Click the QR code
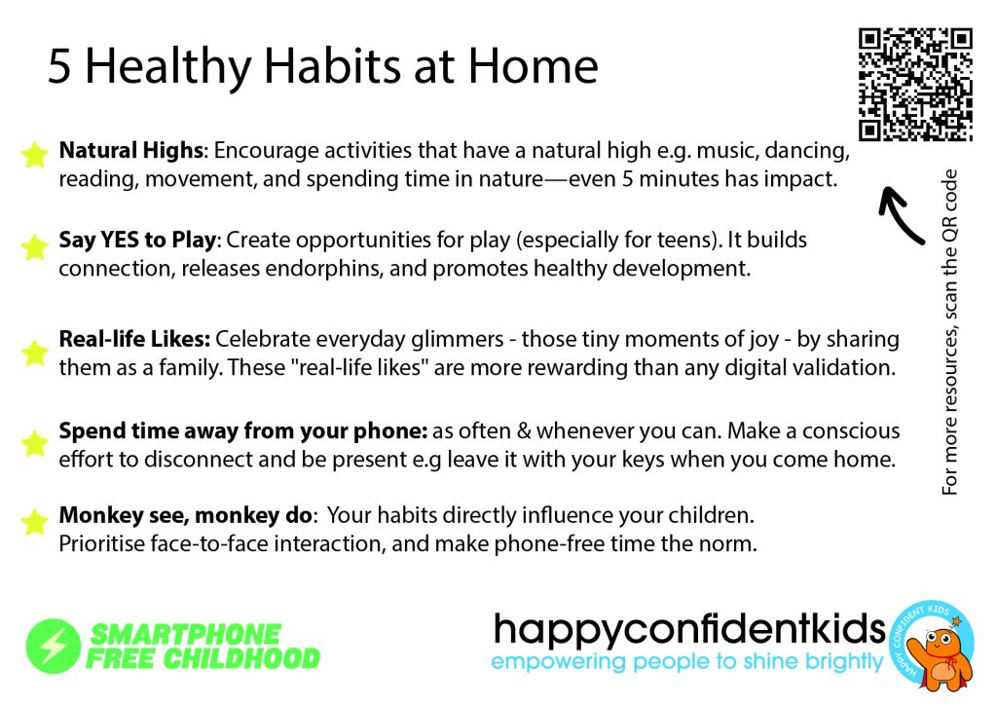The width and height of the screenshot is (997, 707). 915,84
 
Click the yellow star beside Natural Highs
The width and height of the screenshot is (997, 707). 34,155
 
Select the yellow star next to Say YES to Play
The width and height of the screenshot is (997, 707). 34,246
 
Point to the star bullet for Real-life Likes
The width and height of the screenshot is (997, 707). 34,353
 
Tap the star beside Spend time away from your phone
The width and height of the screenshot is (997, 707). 34,443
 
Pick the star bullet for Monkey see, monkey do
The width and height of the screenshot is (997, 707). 34,521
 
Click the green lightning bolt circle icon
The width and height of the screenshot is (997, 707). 54,646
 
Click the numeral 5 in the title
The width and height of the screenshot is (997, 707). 59,67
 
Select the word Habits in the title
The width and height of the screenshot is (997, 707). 332,66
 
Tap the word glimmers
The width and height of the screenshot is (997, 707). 458,340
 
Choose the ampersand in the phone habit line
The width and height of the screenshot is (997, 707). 524,431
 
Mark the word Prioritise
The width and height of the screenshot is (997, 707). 101,543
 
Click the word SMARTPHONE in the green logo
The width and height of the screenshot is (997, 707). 185,635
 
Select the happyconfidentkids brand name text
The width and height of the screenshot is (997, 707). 689,630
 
